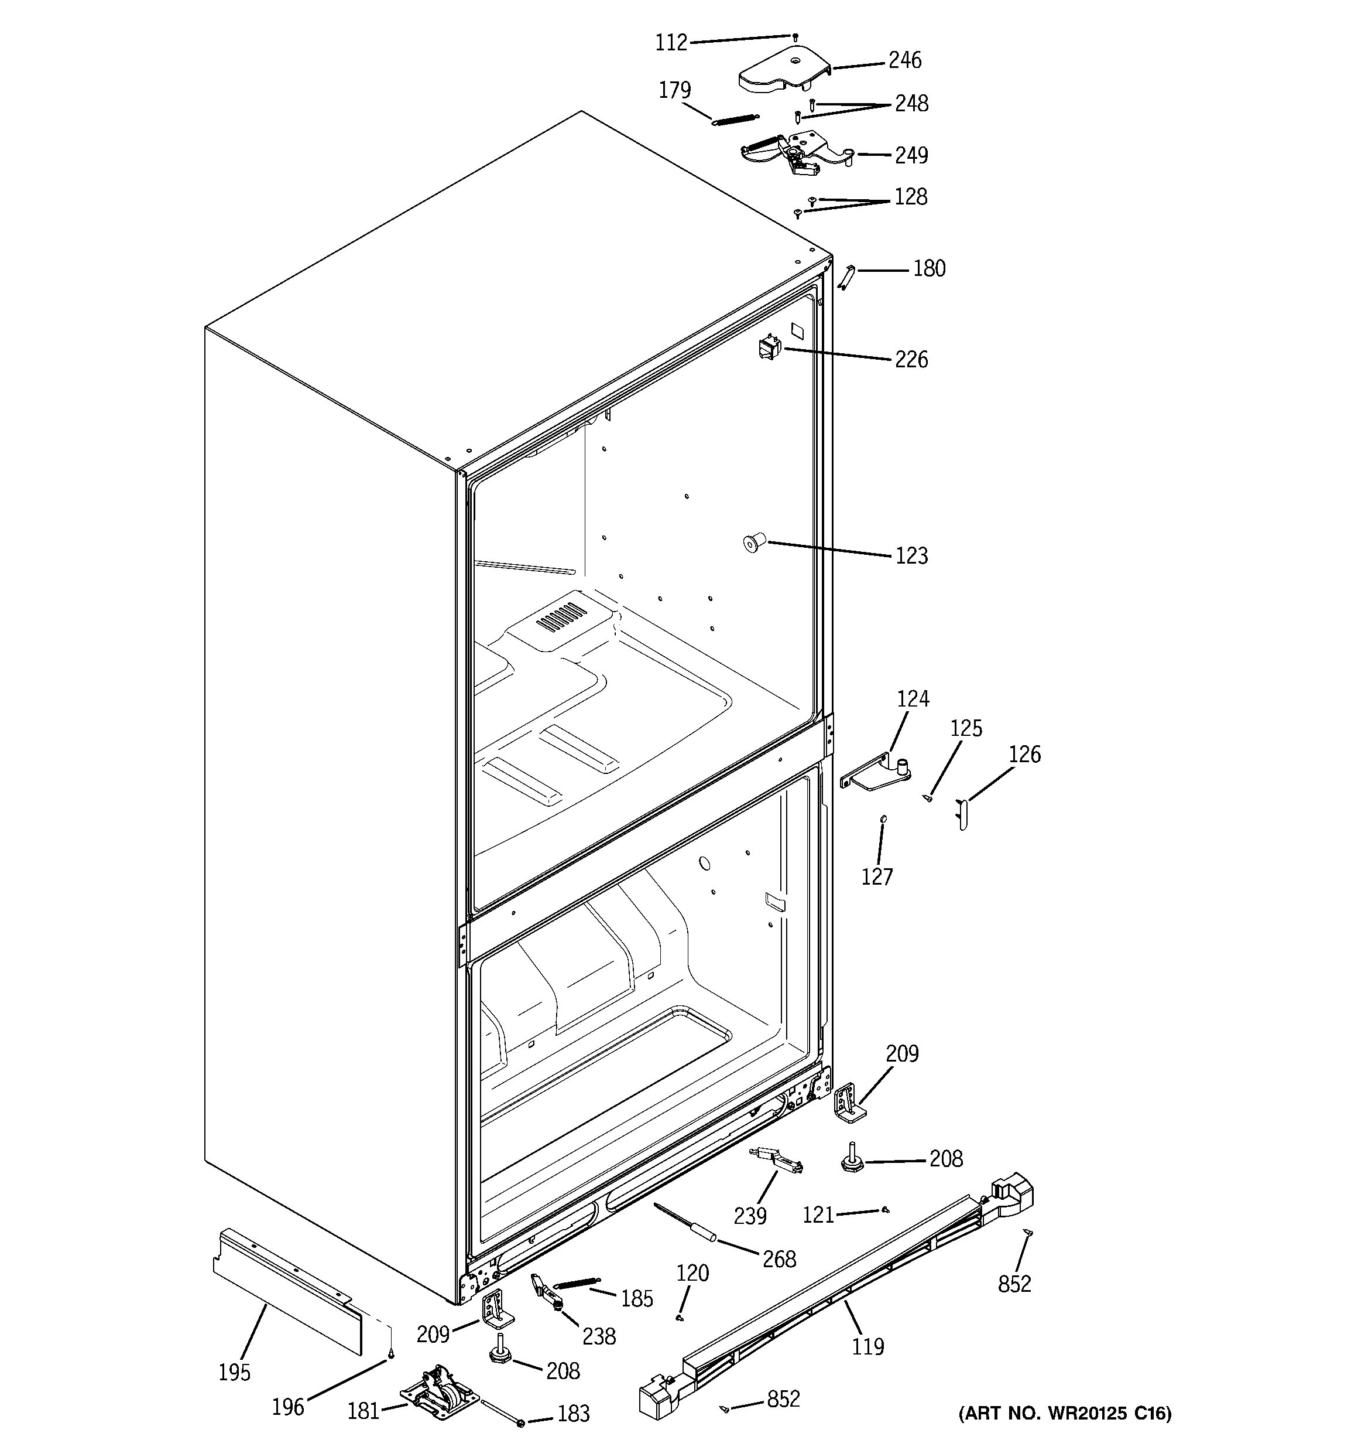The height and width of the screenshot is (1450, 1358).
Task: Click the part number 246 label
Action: pyautogui.click(x=904, y=60)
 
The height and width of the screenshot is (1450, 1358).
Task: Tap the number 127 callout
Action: pyautogui.click(x=877, y=876)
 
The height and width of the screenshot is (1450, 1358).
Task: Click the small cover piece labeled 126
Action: pyautogui.click(x=962, y=814)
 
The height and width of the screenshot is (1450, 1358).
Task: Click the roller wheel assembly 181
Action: pyautogui.click(x=440, y=1394)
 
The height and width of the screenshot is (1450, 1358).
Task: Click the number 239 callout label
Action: pyautogui.click(x=750, y=1216)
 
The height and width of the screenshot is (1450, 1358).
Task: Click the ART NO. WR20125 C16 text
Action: pyautogui.click(x=1065, y=1414)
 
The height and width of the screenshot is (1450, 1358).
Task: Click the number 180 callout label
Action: pyautogui.click(x=929, y=269)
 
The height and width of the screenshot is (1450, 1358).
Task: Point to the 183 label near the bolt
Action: pyautogui.click(x=573, y=1414)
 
